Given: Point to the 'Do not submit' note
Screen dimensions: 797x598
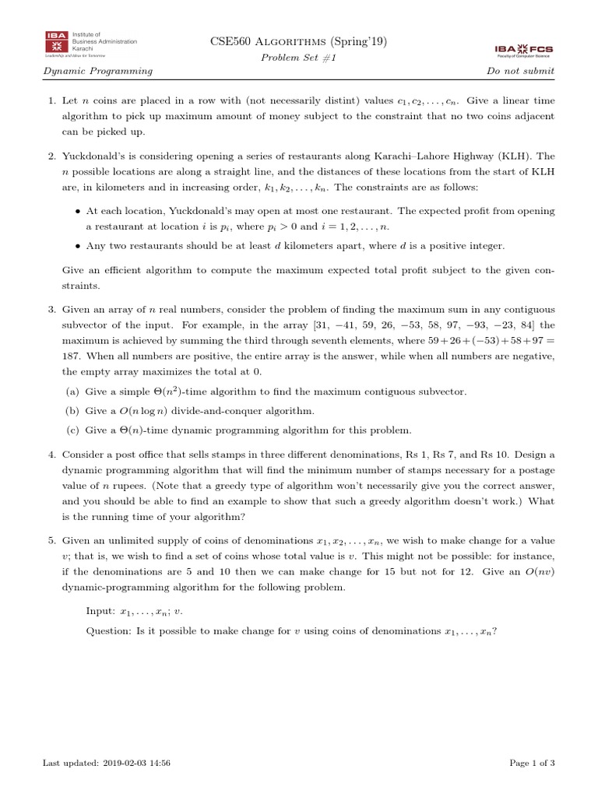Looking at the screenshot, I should (520, 71).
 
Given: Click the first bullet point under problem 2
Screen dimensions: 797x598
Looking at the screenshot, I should (78, 211).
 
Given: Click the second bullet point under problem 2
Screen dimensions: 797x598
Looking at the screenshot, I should (78, 246).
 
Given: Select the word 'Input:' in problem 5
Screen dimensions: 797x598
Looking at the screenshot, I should (100, 612).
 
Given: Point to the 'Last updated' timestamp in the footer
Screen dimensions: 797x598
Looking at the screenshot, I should (106, 764).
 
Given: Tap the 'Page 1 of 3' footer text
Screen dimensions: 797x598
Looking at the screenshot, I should (532, 764).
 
